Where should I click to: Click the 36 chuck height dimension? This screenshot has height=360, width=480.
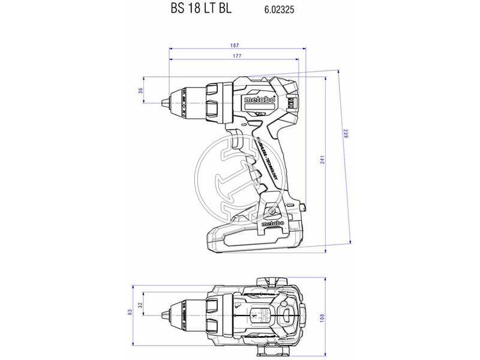[x=140, y=91]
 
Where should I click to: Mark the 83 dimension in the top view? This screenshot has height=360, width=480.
[x=130, y=312]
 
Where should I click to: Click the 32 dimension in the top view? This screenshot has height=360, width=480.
[x=140, y=305]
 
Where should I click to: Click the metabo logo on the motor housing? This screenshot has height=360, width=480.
[x=259, y=101]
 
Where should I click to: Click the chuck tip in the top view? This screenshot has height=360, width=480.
[x=166, y=313]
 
